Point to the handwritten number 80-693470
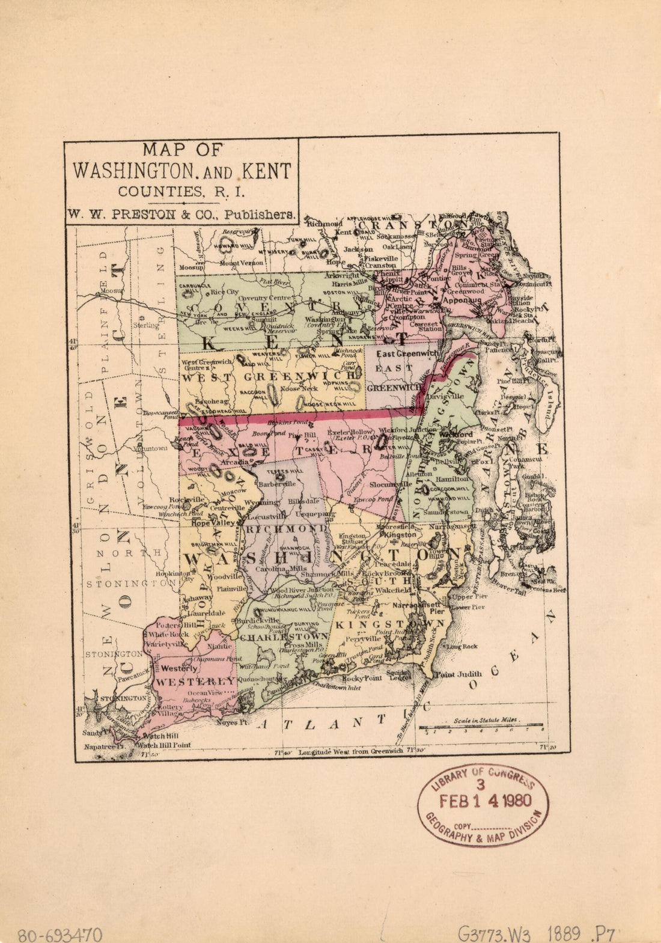[x=59, y=935]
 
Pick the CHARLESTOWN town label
[x=282, y=636]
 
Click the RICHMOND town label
[x=279, y=529]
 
